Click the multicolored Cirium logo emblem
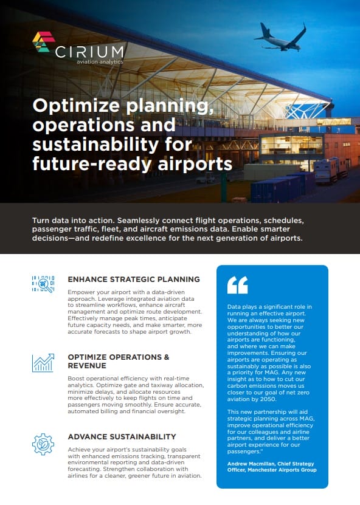point(44,41)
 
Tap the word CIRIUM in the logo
point(89,52)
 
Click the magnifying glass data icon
point(43,284)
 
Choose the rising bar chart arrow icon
point(43,363)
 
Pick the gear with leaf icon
point(43,444)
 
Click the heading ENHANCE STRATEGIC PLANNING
point(134,279)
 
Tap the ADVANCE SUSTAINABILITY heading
point(122,437)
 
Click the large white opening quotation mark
point(238,285)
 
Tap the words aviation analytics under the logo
point(100,61)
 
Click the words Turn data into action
point(73,221)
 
